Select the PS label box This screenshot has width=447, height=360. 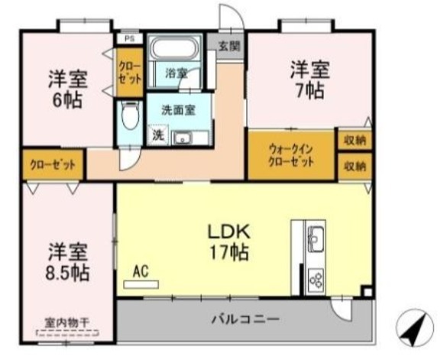[129, 38]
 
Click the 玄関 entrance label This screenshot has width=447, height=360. [229, 46]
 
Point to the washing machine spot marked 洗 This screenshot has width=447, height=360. [158, 135]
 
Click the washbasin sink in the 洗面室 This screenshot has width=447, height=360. [181, 138]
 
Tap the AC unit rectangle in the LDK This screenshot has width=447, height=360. [141, 284]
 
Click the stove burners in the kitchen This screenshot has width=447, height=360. [316, 278]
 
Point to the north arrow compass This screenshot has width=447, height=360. [415, 327]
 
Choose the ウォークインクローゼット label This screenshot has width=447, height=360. [291, 155]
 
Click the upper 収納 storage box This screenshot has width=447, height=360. [355, 140]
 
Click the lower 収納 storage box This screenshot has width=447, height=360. [355, 167]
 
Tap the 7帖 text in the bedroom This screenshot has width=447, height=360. [310, 90]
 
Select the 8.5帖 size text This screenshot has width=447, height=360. [67, 272]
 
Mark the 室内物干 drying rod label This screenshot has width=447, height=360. [67, 323]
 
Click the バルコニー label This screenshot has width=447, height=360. [245, 319]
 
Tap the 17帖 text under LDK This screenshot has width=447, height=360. [229, 252]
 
